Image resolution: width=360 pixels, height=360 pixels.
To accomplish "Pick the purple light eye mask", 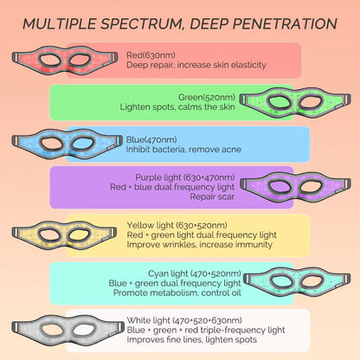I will click(x=294, y=186).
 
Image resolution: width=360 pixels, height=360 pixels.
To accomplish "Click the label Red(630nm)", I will click(x=148, y=52).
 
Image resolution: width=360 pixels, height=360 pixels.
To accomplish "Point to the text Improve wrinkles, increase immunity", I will click(x=181, y=244).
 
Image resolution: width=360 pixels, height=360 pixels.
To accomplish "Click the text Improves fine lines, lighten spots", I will click(x=180, y=340).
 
